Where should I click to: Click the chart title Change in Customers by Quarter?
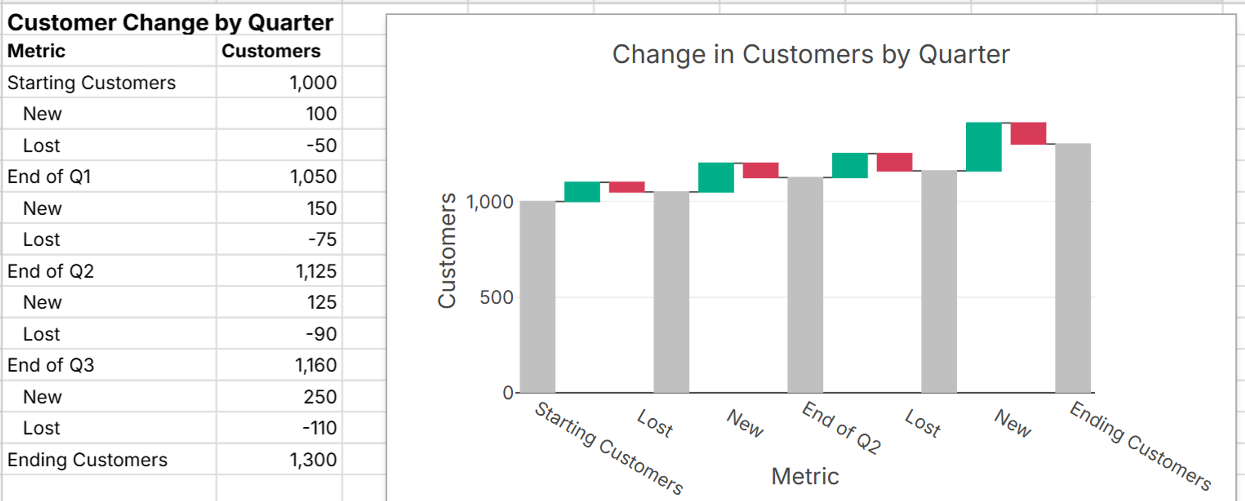[x=811, y=54]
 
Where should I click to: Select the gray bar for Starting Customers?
[x=538, y=297]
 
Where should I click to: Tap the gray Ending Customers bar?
[x=1072, y=268]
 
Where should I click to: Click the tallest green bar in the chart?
[x=984, y=147]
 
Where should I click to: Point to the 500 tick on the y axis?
[x=496, y=297]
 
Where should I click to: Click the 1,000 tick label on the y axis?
[x=490, y=202]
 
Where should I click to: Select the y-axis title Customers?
[x=447, y=250]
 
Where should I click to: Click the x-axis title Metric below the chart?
[x=805, y=477]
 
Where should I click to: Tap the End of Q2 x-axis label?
[x=841, y=428]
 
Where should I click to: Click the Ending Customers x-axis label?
[x=1140, y=446]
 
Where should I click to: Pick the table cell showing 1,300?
[x=313, y=460]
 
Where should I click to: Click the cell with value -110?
[x=319, y=428]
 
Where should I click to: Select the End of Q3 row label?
[x=51, y=365]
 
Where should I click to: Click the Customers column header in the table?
[x=271, y=51]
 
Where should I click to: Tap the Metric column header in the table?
[x=36, y=51]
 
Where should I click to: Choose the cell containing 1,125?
[x=316, y=271]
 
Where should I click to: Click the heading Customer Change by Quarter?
[x=170, y=23]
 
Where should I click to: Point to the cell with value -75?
[x=322, y=240]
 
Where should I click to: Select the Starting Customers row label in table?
[x=91, y=83]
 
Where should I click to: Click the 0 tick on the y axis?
[x=507, y=393]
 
